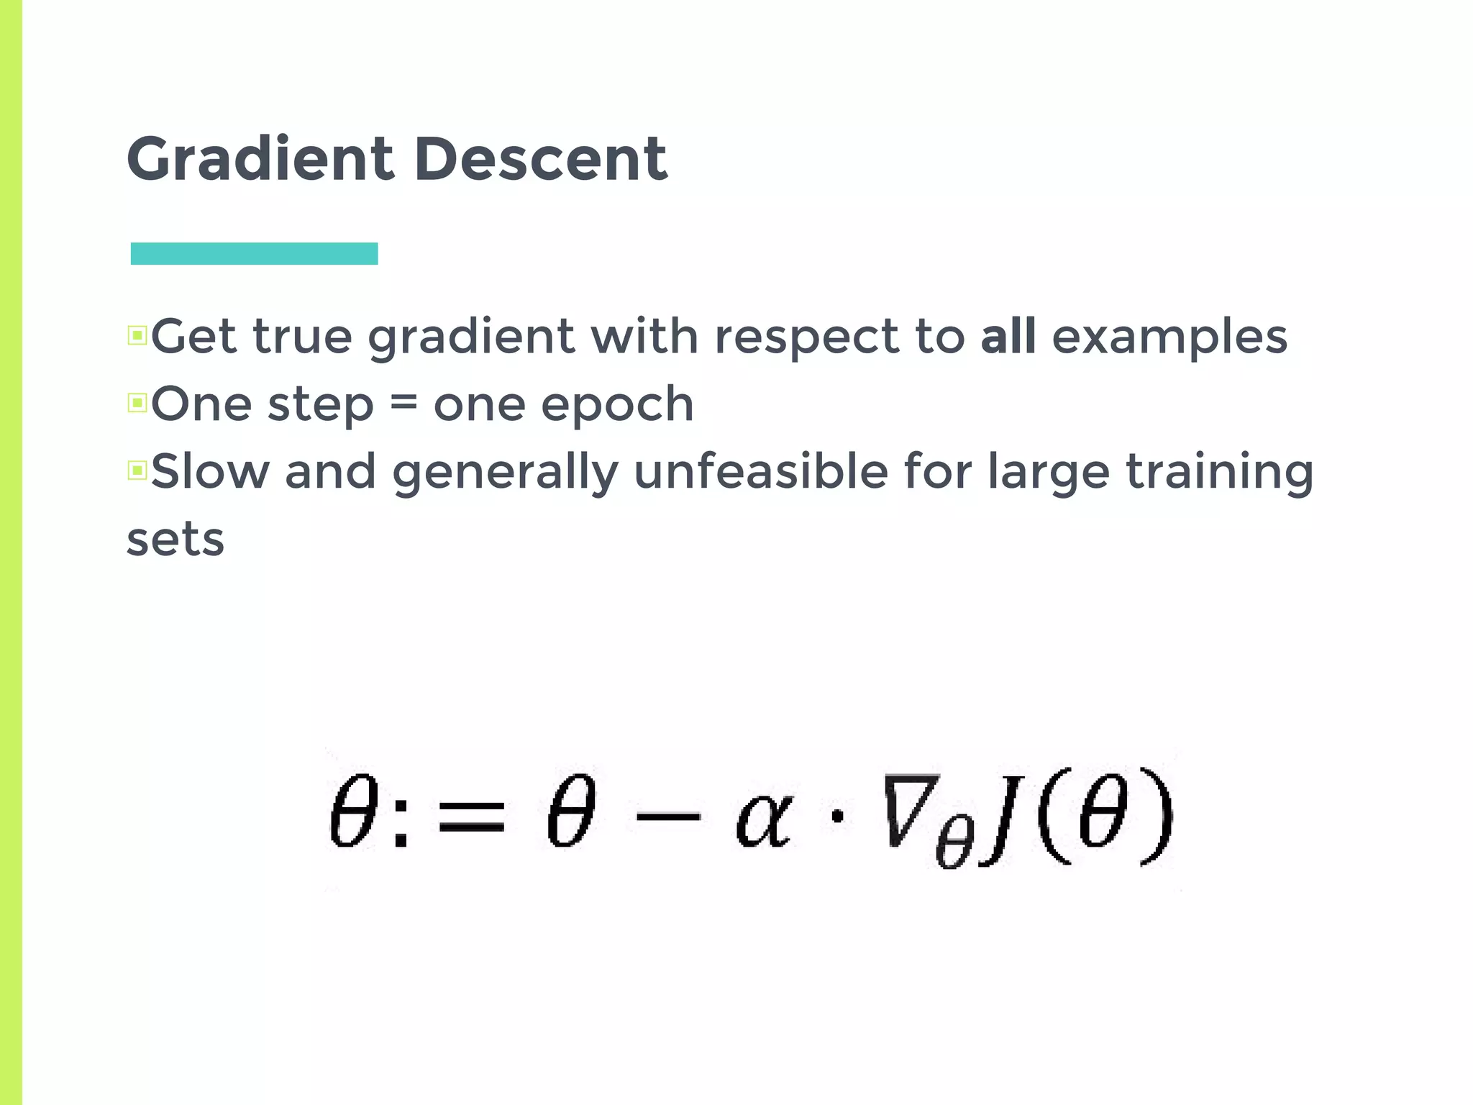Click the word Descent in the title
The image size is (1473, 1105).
coord(541,160)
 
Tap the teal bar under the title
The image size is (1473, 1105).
coord(254,254)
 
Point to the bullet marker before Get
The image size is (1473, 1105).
coord(137,335)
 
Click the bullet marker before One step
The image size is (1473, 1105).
coord(137,403)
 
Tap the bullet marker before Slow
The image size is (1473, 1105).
coord(137,470)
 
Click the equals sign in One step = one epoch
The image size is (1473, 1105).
coord(403,403)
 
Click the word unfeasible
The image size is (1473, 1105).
coord(761,472)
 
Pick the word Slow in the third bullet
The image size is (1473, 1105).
coord(210,472)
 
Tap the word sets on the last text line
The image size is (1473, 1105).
coord(175,540)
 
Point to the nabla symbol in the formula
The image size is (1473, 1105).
coord(911,809)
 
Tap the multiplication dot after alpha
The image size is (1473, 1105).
coord(837,817)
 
